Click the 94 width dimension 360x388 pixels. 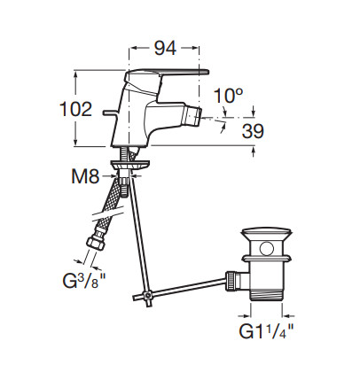(165, 48)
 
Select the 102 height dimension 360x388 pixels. (76, 109)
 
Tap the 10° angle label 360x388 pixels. (228, 96)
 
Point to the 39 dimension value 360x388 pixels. (253, 131)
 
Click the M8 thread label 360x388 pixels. (85, 176)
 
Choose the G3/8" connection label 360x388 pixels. (84, 280)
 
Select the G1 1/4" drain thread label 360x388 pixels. (267, 331)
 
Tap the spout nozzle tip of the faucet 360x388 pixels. (192, 117)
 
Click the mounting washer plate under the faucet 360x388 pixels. (129, 164)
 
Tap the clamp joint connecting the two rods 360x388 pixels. (147, 295)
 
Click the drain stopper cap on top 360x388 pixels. (268, 233)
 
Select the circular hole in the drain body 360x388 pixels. (267, 249)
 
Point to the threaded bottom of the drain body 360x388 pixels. (267, 295)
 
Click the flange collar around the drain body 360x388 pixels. (266, 259)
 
